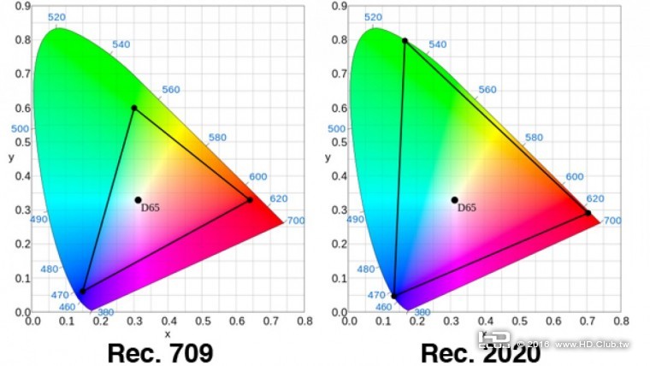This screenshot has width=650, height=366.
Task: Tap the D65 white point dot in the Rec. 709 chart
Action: click(138, 200)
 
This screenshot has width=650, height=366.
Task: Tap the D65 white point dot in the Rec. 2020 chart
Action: click(455, 200)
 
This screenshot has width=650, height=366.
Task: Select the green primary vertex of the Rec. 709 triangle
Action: click(134, 108)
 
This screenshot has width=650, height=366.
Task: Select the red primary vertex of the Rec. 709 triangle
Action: click(250, 200)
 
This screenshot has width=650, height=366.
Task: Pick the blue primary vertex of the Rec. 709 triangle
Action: click(83, 292)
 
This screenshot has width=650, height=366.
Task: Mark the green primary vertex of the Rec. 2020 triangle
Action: click(405, 40)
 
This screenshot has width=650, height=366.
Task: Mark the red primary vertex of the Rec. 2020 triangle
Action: click(588, 213)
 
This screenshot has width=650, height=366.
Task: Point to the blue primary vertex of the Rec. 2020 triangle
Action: click(394, 297)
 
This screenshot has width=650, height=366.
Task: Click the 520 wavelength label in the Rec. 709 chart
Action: click(57, 17)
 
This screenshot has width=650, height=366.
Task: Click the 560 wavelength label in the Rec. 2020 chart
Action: click(487, 90)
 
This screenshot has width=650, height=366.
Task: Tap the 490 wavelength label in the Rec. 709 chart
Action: click(39, 220)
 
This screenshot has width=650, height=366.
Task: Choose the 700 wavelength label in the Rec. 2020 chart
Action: click(612, 221)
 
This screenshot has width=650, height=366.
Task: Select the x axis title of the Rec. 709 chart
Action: click(167, 334)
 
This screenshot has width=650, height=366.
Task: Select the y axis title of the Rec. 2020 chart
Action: click(328, 157)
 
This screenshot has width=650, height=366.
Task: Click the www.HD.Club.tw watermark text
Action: click(592, 345)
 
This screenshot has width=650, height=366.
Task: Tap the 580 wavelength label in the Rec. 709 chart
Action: click(217, 138)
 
